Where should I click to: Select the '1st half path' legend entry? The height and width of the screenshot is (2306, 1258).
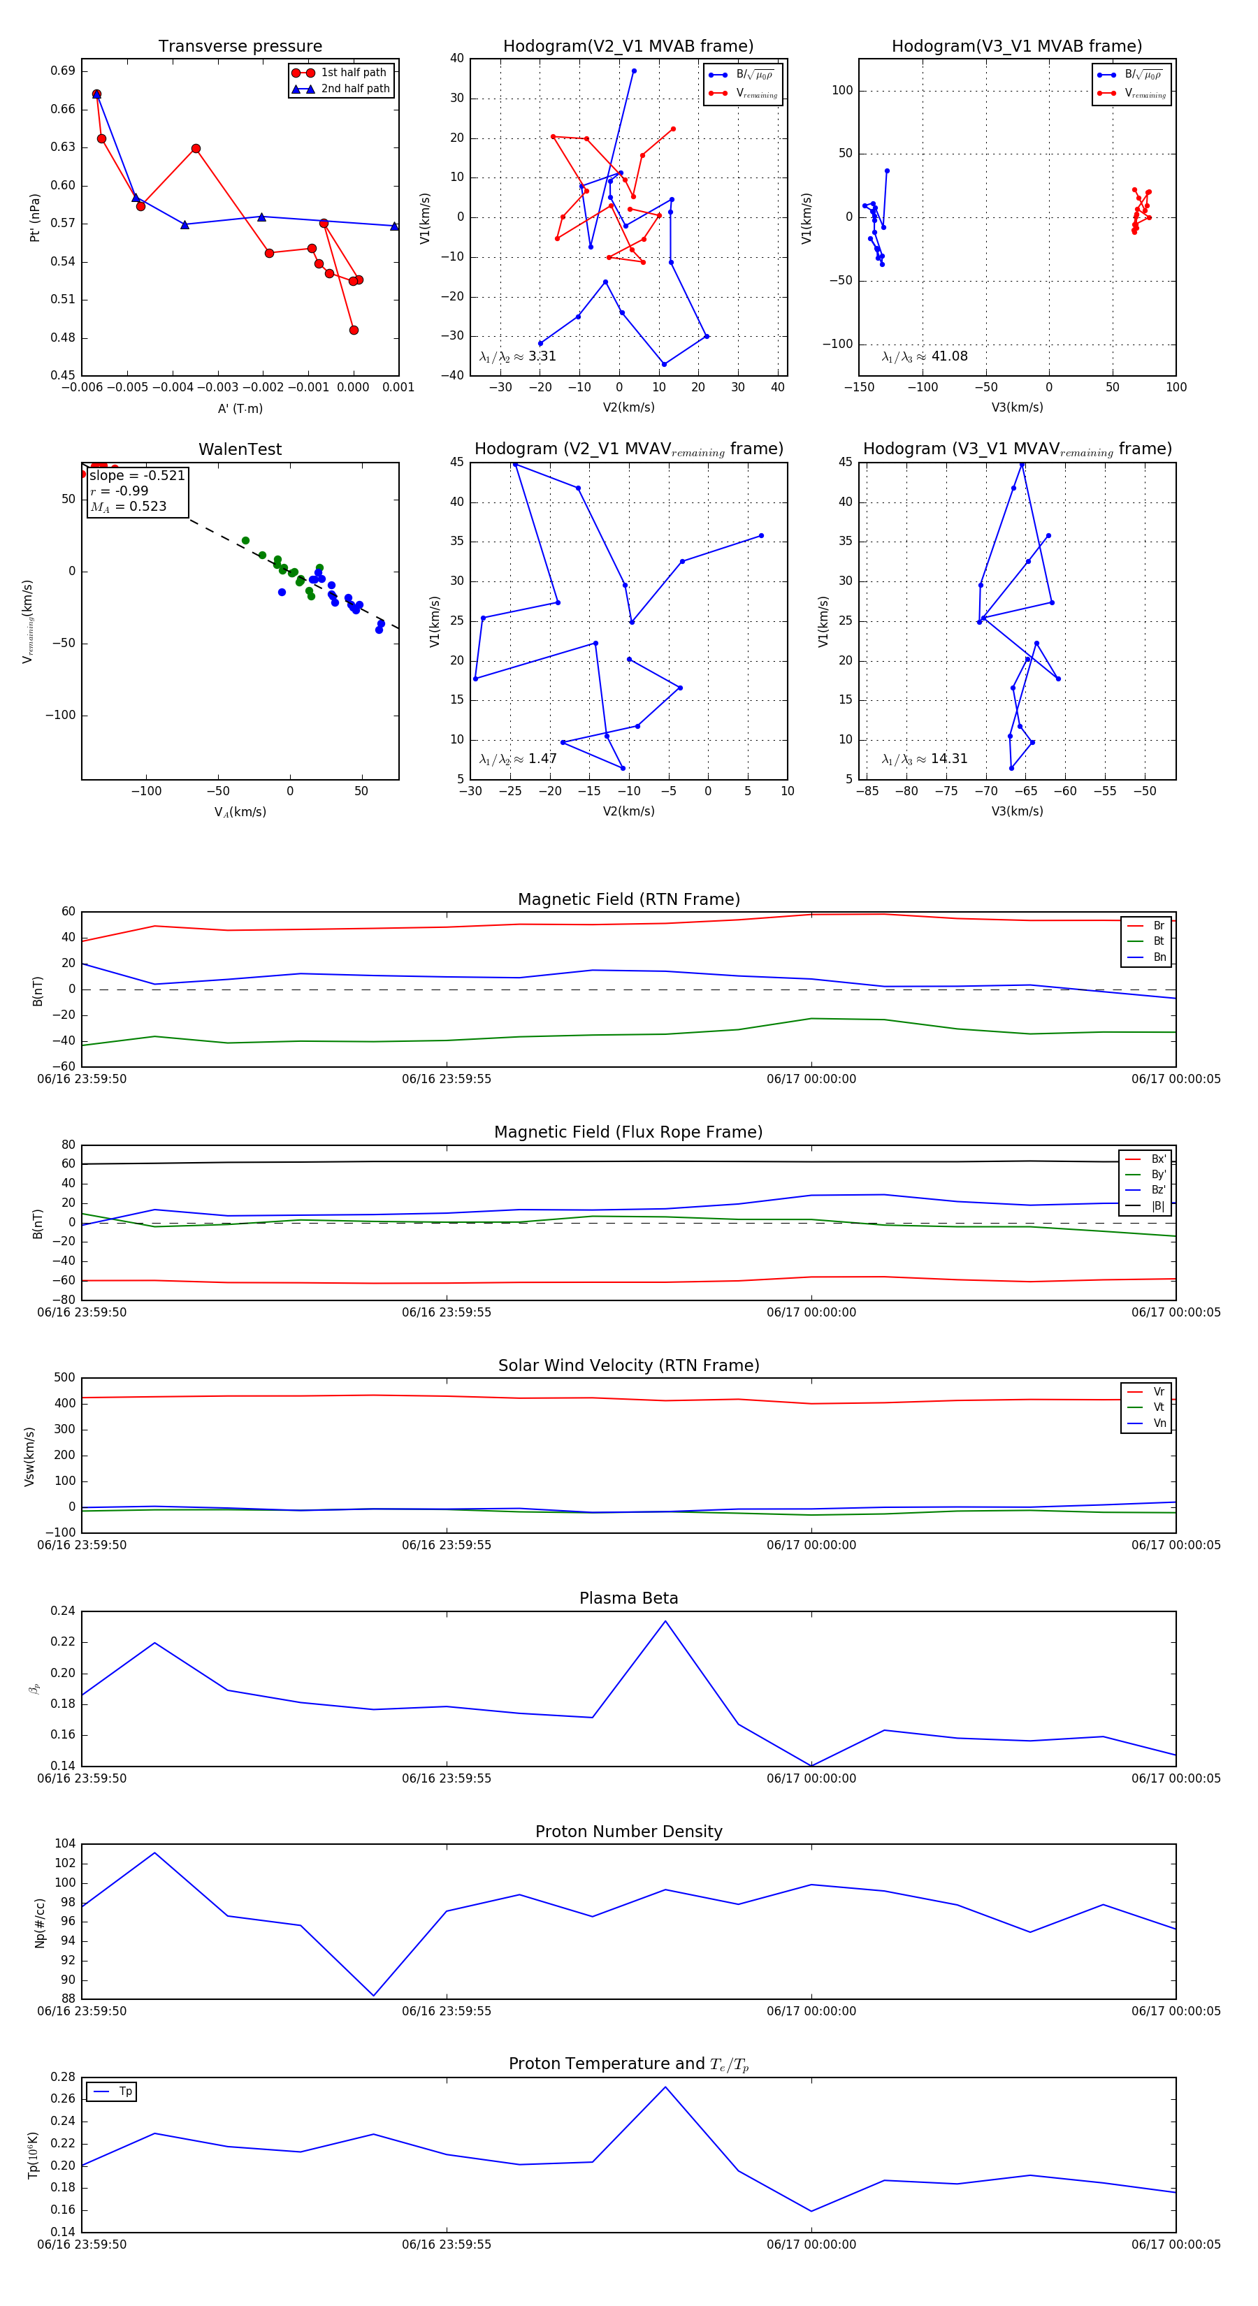click(x=353, y=73)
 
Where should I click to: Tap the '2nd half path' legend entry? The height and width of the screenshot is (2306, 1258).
click(x=354, y=89)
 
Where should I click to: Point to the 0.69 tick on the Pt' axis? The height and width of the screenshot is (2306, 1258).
click(x=63, y=71)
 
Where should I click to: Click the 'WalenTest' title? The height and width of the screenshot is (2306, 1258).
click(x=240, y=449)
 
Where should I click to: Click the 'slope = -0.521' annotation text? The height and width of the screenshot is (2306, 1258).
click(x=137, y=475)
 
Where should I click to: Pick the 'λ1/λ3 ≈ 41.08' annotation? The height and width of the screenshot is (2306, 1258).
click(x=924, y=356)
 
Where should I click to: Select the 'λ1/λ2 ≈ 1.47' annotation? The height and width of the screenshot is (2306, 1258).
click(x=517, y=759)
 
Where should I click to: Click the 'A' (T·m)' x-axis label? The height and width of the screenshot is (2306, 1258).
click(x=240, y=408)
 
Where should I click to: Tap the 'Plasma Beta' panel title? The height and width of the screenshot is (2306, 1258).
click(x=628, y=1598)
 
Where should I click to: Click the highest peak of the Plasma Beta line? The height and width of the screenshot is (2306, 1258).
click(x=665, y=1621)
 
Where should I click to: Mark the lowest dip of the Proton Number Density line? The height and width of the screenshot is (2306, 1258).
click(x=373, y=1995)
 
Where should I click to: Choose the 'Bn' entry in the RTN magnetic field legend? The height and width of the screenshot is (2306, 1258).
click(x=1159, y=957)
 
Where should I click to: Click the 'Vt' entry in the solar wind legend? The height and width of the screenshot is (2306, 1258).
click(x=1159, y=1407)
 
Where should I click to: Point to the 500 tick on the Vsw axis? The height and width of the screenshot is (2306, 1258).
click(x=64, y=1378)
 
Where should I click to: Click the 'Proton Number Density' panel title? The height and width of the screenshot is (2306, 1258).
click(x=628, y=1832)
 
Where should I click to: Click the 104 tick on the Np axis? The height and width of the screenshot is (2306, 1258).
click(x=64, y=1843)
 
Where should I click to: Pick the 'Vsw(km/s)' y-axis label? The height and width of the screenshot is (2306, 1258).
click(x=29, y=1456)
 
